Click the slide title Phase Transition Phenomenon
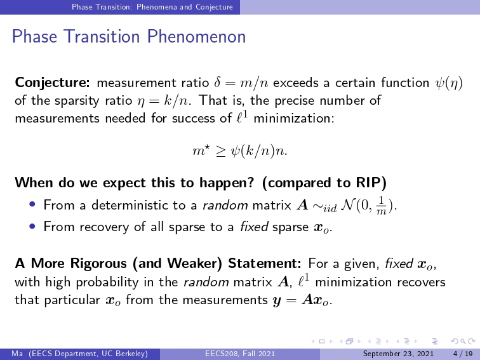(128, 37)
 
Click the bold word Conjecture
(52, 83)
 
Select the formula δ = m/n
(241, 83)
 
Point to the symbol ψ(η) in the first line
(449, 83)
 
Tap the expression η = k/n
(164, 101)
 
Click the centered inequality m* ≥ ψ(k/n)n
(240, 151)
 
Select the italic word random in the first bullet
(225, 205)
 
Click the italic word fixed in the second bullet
(254, 227)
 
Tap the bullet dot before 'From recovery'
(32, 226)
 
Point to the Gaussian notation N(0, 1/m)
(368, 206)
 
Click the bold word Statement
(265, 263)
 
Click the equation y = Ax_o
(302, 300)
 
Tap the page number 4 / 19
(463, 354)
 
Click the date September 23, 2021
(398, 354)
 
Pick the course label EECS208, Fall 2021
(240, 354)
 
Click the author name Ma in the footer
(17, 354)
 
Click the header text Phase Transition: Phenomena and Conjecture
(152, 7)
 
